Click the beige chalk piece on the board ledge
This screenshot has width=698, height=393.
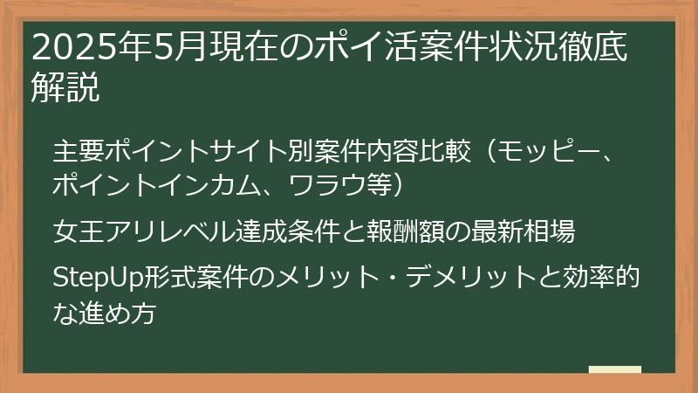tap(614, 370)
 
